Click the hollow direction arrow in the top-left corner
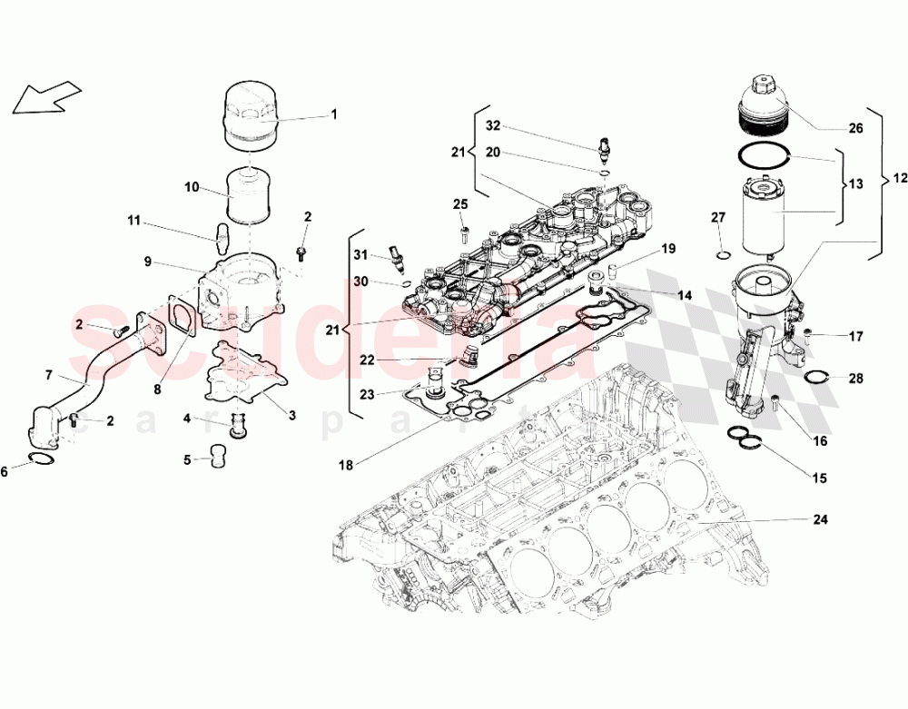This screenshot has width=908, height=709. tap(45, 96)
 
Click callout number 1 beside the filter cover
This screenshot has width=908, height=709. tap(333, 114)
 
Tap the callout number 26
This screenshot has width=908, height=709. tap(854, 128)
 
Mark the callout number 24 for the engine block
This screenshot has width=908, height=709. tap(820, 520)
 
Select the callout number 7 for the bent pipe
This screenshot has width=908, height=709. tap(49, 374)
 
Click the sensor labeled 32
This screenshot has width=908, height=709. tap(605, 147)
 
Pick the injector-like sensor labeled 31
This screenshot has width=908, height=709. tap(395, 258)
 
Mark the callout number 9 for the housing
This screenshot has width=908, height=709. tap(146, 261)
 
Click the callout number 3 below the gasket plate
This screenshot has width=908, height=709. tap(292, 415)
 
